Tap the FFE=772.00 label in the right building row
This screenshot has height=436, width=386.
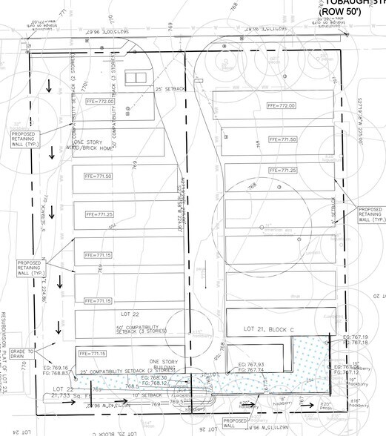coord(282,105)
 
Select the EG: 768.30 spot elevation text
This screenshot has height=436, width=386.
coord(166,377)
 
